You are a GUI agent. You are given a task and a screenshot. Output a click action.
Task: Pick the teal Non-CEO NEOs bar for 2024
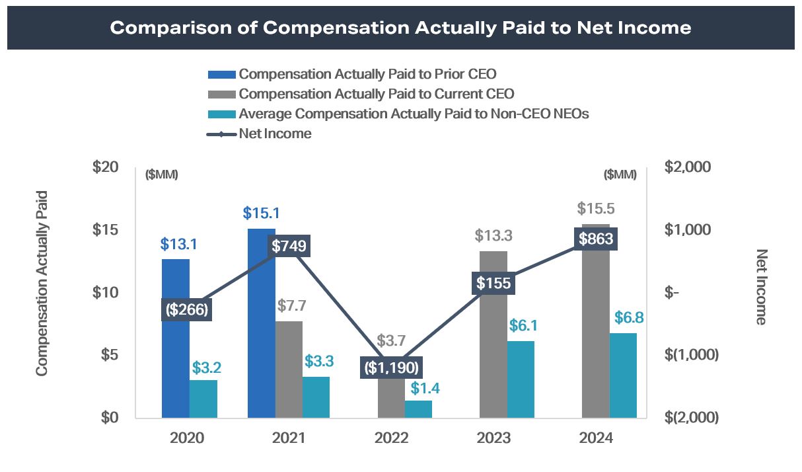(623, 375)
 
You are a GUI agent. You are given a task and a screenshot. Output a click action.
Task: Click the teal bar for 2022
(418, 409)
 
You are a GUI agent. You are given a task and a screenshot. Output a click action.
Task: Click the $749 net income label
(289, 246)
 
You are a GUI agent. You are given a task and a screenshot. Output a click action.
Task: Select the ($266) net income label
(187, 309)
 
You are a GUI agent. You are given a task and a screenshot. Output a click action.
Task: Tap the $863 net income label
(596, 239)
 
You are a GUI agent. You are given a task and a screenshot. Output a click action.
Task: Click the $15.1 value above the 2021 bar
(261, 214)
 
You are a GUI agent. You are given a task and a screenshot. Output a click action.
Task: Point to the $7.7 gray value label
(289, 306)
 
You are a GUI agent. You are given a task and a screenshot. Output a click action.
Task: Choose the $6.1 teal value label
(522, 325)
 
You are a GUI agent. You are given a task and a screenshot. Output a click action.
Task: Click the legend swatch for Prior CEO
(222, 74)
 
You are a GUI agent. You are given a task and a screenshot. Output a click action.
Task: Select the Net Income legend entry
(275, 134)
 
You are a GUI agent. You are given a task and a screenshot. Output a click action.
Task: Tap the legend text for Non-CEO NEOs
(414, 114)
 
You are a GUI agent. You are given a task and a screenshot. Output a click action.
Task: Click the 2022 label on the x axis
(391, 438)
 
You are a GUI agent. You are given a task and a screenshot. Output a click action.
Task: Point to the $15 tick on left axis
(105, 229)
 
